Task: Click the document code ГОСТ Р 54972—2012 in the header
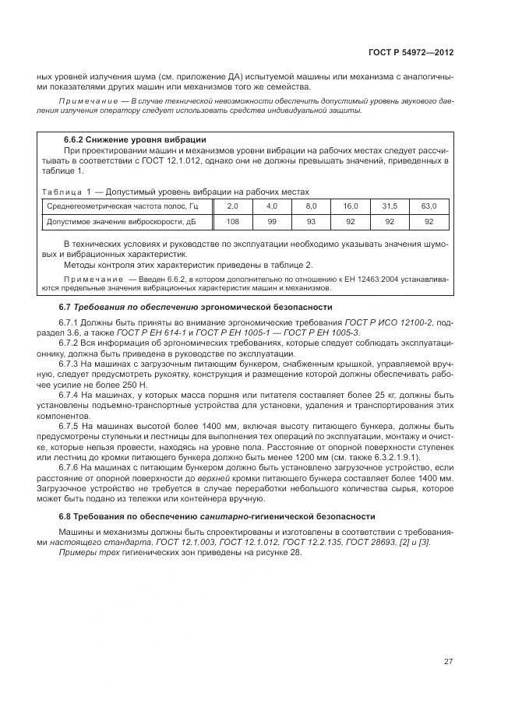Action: (x=411, y=53)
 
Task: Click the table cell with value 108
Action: (x=232, y=221)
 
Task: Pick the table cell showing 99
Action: (x=272, y=221)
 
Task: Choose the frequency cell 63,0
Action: (x=429, y=206)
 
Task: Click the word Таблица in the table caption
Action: (x=61, y=191)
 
